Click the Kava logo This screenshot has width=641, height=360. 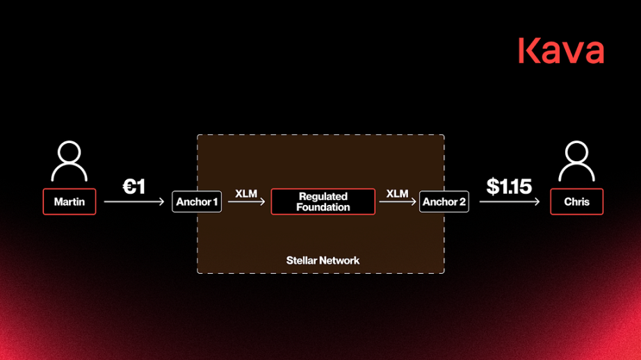click(560, 51)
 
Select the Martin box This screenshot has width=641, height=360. click(70, 202)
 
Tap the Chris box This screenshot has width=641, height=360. click(576, 202)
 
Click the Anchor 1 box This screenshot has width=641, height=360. click(197, 202)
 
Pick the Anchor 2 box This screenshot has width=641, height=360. click(444, 202)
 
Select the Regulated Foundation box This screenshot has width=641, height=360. click(323, 202)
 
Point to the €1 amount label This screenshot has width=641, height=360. click(133, 187)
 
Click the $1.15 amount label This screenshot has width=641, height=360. click(509, 186)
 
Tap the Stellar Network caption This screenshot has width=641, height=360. click(323, 261)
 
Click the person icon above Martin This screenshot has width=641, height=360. click(70, 161)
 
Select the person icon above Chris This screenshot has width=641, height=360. click(576, 161)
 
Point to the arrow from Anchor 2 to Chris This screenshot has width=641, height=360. click(510, 202)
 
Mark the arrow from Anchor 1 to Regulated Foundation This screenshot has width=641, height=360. click(246, 202)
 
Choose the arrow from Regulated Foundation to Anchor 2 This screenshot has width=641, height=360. click(397, 202)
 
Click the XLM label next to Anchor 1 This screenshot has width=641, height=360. click(246, 193)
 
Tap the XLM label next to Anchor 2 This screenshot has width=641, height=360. click(397, 193)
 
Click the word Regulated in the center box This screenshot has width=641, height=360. click(323, 197)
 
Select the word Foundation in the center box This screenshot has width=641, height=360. click(323, 207)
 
